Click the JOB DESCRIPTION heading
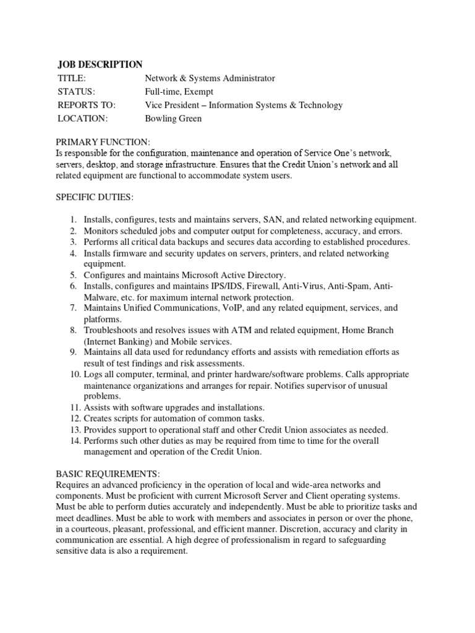(100, 64)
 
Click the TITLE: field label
(72, 79)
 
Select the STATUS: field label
(76, 91)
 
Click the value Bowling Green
(173, 118)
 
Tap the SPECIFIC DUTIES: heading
(95, 197)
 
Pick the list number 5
(72, 274)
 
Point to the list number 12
(74, 418)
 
